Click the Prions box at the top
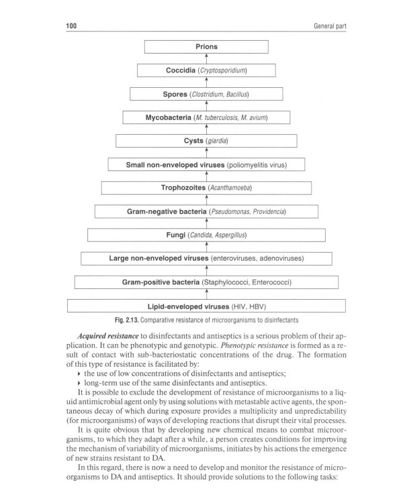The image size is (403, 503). tap(206, 47)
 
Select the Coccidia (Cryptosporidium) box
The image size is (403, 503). tap(206, 70)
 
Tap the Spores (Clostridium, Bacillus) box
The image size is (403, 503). tap(206, 94)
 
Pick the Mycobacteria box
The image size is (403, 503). tap(206, 117)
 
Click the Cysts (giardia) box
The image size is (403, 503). tap(206, 141)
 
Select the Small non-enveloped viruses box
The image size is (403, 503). tap(206, 164)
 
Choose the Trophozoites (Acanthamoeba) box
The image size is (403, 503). tap(206, 188)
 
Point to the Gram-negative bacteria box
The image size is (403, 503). tap(206, 211)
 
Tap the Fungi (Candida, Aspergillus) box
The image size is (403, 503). tap(206, 235)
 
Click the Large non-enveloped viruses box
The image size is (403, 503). tap(206, 258)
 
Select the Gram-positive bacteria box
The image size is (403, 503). tap(206, 282)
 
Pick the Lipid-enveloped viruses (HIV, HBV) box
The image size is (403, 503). tap(206, 306)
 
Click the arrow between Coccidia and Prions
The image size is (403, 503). tap(206, 59)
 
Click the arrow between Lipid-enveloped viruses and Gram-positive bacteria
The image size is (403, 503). tap(206, 294)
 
